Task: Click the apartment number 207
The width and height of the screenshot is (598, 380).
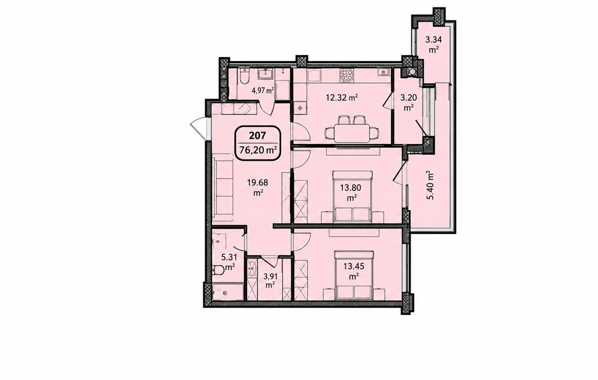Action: (257, 136)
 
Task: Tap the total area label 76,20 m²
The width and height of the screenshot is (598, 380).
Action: (257, 150)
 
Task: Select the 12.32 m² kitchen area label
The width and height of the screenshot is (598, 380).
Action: (342, 98)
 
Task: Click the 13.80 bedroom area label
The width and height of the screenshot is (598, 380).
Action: (350, 188)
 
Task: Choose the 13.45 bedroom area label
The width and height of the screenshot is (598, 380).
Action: (354, 266)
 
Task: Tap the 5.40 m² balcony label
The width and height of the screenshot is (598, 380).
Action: (430, 186)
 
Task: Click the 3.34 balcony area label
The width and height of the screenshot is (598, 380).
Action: (434, 40)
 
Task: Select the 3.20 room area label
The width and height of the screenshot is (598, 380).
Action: (408, 98)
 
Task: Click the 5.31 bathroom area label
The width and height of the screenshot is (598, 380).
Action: (229, 257)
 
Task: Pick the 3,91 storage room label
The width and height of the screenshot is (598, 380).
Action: (271, 276)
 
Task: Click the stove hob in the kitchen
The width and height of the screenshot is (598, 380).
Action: (347, 76)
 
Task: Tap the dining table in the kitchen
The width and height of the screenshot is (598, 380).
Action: (352, 133)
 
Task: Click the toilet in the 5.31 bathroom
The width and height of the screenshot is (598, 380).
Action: (218, 270)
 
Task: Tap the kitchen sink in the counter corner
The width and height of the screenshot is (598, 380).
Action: (383, 72)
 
